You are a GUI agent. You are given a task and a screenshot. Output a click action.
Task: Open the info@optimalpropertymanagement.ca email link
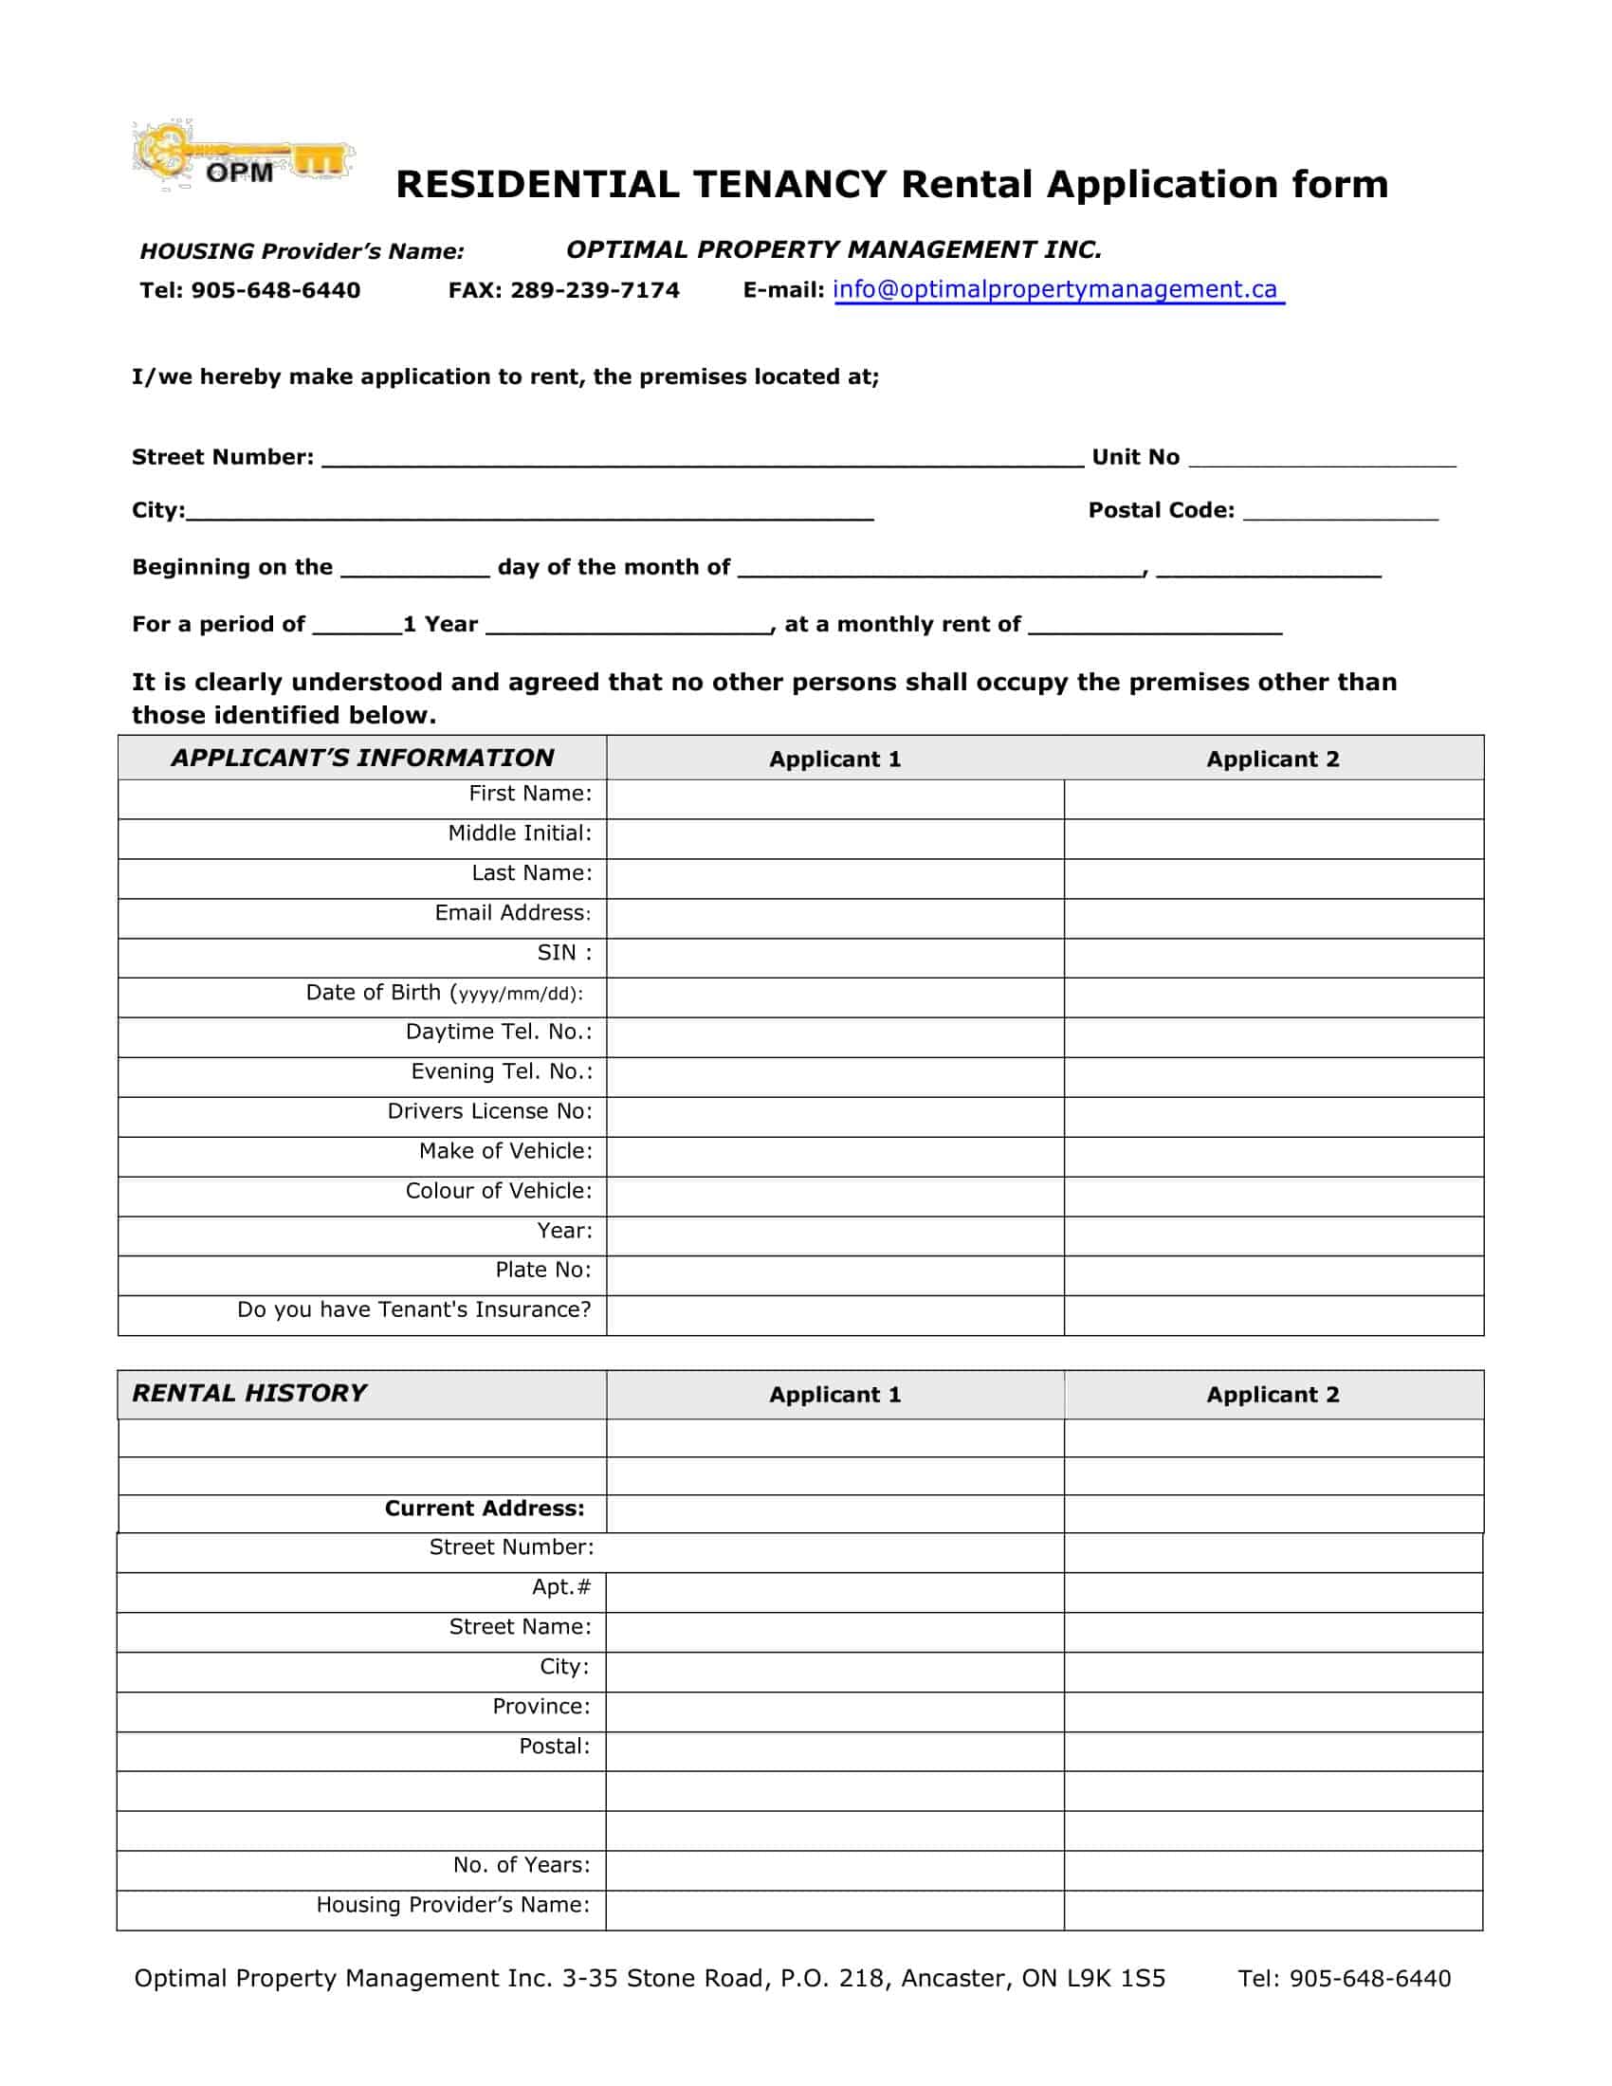1057,289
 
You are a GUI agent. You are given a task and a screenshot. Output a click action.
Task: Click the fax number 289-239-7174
594,290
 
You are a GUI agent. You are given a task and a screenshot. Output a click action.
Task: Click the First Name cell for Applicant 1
834,798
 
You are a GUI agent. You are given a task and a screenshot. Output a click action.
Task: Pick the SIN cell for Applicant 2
1273,957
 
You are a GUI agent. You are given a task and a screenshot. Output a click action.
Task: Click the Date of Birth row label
444,994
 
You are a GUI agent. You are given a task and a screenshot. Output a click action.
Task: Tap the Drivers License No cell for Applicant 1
834,1117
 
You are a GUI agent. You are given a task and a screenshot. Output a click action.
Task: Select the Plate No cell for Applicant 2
1273,1275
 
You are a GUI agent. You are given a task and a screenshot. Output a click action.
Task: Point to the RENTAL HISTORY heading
249,1394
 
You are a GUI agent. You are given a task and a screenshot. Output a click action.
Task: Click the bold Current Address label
485,1509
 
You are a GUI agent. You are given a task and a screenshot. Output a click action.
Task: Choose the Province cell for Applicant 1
834,1711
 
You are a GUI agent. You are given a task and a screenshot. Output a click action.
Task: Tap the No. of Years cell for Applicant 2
1273,1870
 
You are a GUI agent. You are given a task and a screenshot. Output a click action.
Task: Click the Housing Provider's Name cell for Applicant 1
834,1911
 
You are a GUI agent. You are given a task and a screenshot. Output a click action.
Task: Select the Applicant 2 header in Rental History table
1273,1395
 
